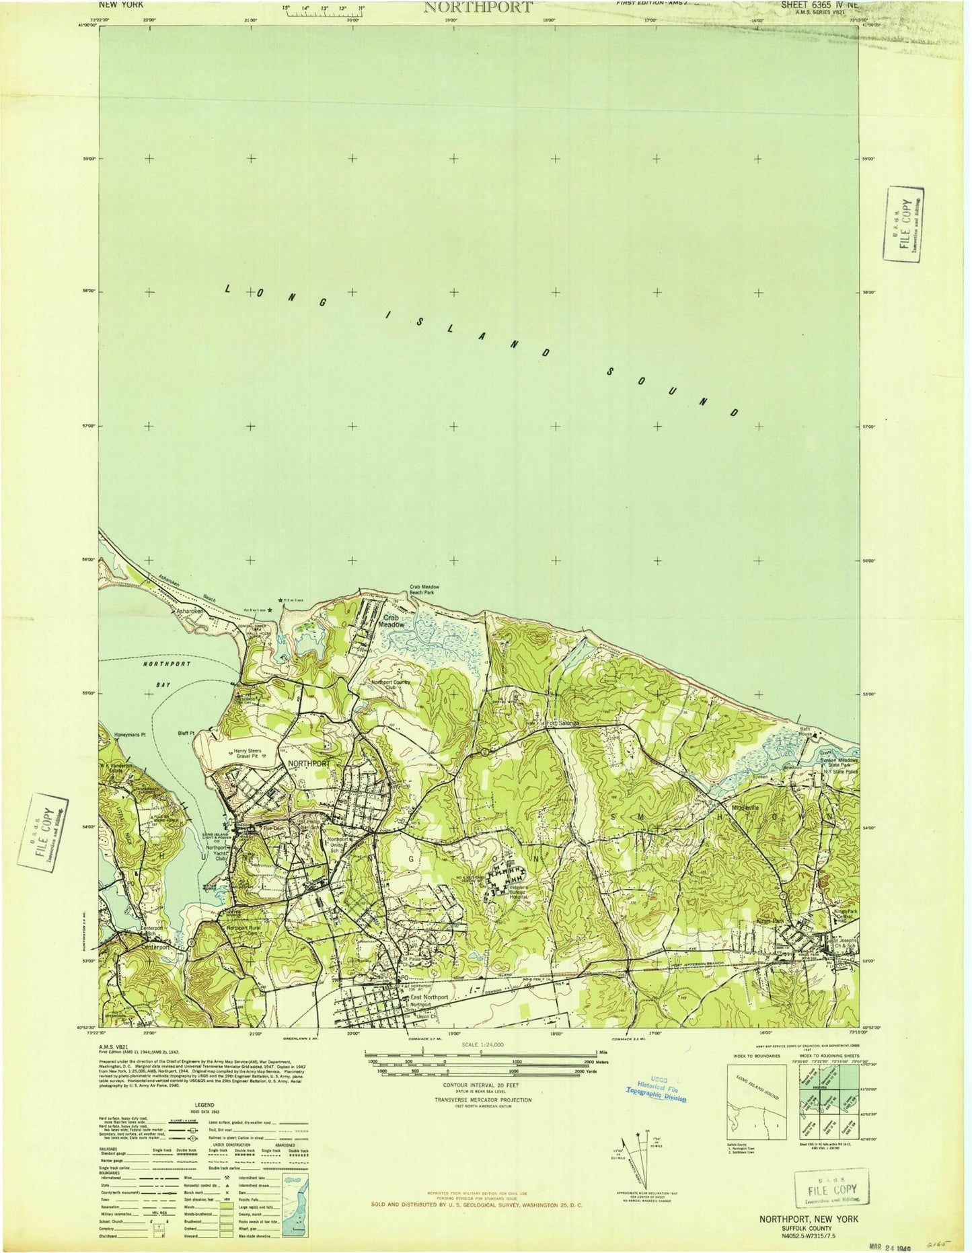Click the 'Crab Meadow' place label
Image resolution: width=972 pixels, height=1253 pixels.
(394, 620)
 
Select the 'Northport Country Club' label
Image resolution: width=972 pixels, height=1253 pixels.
(396, 685)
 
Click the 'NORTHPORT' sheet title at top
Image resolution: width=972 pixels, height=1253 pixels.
(478, 7)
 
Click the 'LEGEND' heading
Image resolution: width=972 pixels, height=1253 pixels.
(204, 1105)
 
